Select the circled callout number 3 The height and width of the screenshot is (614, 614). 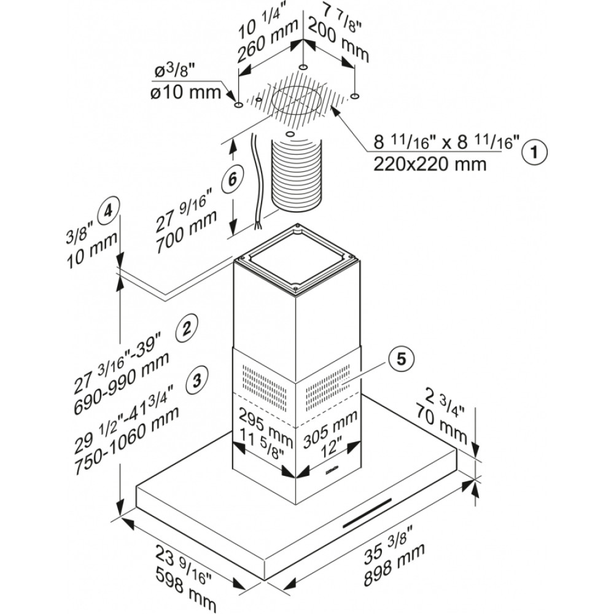(x=196, y=379)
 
